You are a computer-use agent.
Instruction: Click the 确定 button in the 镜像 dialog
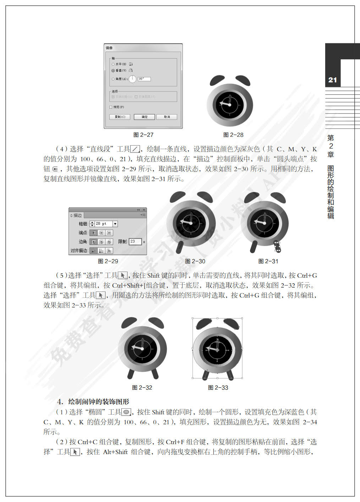point(144,117)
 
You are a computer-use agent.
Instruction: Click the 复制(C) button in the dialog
point(120,117)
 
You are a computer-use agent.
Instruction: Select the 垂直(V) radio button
point(113,71)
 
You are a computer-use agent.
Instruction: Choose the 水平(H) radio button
point(113,64)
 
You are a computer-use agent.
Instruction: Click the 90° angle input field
point(144,79)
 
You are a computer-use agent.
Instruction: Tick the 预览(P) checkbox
point(111,107)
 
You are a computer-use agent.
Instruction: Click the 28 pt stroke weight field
point(103,224)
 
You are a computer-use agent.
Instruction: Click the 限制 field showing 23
point(135,241)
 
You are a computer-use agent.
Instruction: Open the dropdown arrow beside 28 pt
point(115,224)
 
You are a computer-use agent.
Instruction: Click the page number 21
point(333,80)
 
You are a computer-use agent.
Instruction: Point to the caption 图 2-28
point(233,135)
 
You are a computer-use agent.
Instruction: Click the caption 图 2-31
point(268,261)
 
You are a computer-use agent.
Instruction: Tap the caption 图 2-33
point(218,388)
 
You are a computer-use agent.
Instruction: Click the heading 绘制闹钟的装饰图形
point(98,402)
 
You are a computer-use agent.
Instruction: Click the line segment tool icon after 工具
point(135,149)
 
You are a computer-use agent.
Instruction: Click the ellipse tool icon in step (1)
point(126,412)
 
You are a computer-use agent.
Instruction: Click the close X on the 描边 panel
point(144,210)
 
